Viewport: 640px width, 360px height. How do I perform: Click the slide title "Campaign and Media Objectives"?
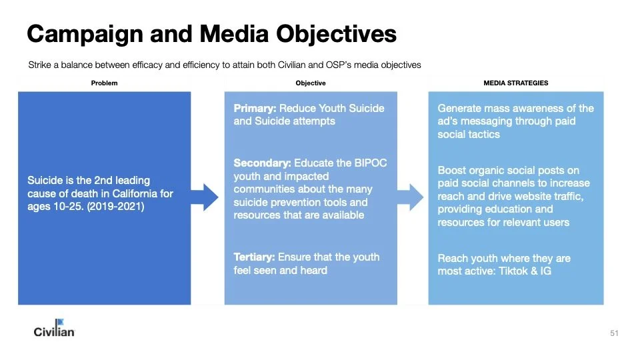[x=211, y=33]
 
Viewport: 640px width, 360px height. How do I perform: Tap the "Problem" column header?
[x=104, y=83]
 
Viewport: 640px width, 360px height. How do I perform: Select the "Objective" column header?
[x=311, y=83]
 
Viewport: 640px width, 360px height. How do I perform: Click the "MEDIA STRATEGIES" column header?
[x=515, y=83]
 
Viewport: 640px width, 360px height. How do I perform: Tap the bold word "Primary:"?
[x=255, y=108]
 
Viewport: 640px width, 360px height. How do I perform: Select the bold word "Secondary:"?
[x=262, y=162]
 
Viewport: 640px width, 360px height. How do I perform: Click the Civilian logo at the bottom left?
[x=54, y=328]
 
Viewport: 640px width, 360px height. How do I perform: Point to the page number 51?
[x=614, y=333]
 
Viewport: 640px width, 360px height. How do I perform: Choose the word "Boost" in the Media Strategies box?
[x=453, y=170]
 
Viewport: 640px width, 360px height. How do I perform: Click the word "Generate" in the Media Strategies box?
[x=461, y=108]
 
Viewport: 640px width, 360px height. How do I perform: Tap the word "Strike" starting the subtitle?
[x=39, y=65]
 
